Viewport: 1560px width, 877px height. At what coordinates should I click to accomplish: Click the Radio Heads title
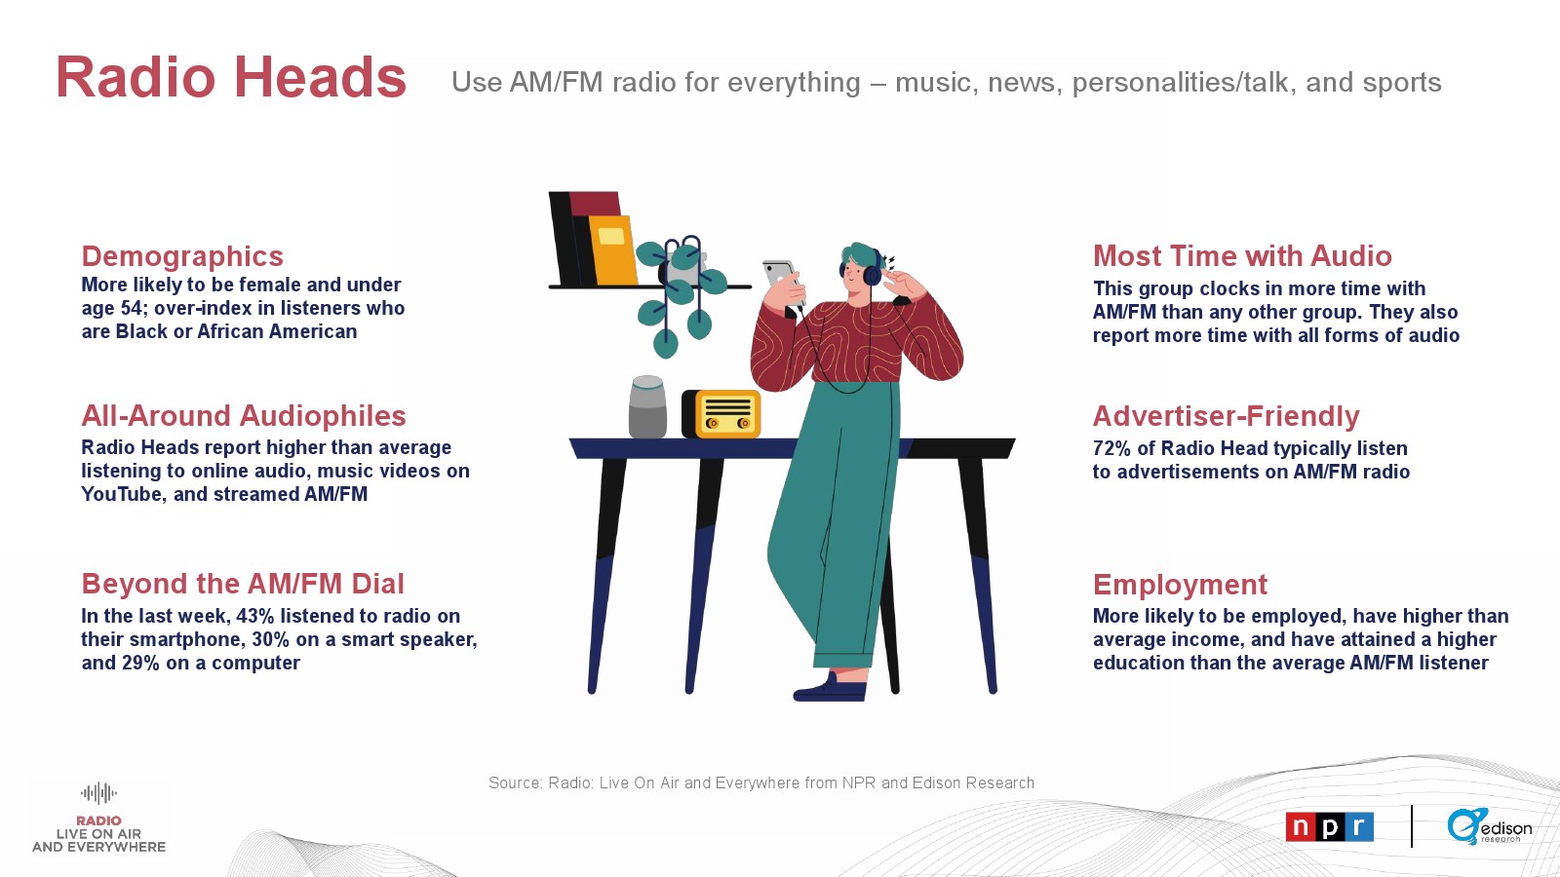point(230,77)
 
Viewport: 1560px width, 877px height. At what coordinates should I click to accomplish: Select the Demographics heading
point(182,256)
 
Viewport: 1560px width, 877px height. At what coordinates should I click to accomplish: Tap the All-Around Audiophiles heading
point(244,415)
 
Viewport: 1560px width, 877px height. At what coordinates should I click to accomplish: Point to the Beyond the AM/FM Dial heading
point(243,584)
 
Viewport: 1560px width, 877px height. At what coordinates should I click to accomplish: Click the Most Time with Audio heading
point(1242,256)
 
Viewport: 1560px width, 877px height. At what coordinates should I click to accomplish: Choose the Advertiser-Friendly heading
point(1226,416)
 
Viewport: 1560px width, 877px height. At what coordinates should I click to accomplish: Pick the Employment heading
point(1180,585)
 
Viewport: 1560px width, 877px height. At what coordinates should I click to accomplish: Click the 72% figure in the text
point(1111,448)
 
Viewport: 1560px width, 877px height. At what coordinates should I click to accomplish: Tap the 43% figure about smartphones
point(254,616)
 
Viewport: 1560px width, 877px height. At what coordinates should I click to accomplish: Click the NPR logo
point(1330,827)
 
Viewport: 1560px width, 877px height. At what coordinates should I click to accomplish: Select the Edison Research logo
point(1489,827)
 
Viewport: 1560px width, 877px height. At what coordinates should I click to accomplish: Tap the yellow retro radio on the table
point(721,414)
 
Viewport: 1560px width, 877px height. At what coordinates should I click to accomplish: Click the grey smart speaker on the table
point(647,407)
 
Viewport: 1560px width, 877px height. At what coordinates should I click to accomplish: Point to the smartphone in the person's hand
point(781,279)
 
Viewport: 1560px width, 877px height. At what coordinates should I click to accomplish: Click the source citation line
point(761,783)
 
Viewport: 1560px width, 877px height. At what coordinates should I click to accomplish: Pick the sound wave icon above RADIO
point(98,793)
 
